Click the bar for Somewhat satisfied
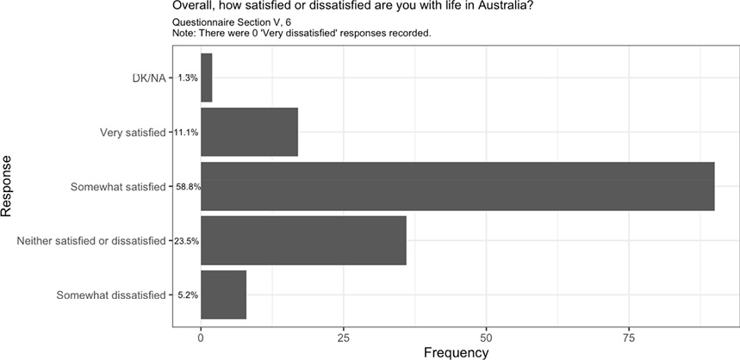[x=457, y=186]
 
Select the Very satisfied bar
[x=249, y=132]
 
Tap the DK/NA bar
[x=206, y=78]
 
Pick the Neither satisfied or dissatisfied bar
[x=303, y=240]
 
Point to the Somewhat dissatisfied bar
[x=223, y=295]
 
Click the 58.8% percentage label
[x=188, y=186]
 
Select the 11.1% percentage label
[x=187, y=132]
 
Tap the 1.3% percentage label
[x=187, y=78]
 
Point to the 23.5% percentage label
[x=187, y=241]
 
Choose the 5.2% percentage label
[x=187, y=295]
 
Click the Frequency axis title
[x=457, y=352]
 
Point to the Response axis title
[x=8, y=186]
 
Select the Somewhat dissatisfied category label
[x=110, y=295]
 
